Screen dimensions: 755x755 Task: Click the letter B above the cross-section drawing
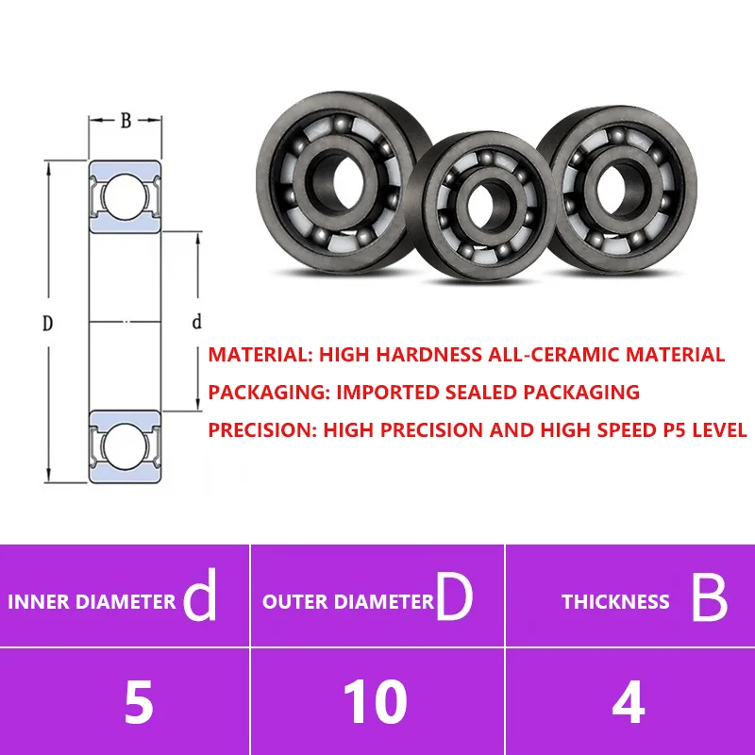pos(126,121)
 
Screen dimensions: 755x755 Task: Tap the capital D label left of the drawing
pos(47,323)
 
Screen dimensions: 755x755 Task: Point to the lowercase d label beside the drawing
pos(196,321)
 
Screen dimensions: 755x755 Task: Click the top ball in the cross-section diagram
pos(125,197)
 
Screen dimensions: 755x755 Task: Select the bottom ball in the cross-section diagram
pos(125,446)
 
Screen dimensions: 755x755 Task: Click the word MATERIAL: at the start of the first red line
pos(261,355)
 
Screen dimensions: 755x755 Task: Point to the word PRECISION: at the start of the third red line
pos(263,430)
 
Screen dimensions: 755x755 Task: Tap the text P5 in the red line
pos(674,430)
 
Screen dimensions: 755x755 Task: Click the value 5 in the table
pos(139,702)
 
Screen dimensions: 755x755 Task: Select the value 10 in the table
pos(375,702)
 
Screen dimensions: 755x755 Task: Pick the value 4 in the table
pos(629,702)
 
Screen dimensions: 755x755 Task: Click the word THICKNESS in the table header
pos(615,602)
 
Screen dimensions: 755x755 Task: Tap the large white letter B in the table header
pos(710,598)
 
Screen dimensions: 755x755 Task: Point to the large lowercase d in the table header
pos(200,595)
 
